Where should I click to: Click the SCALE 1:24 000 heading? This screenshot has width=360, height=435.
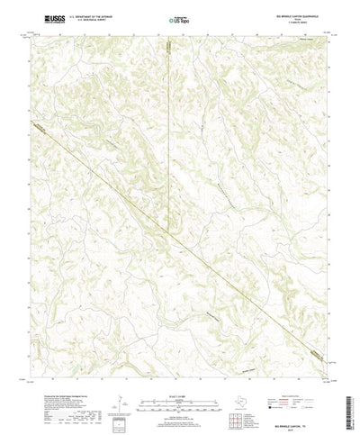[x=179, y=388]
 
